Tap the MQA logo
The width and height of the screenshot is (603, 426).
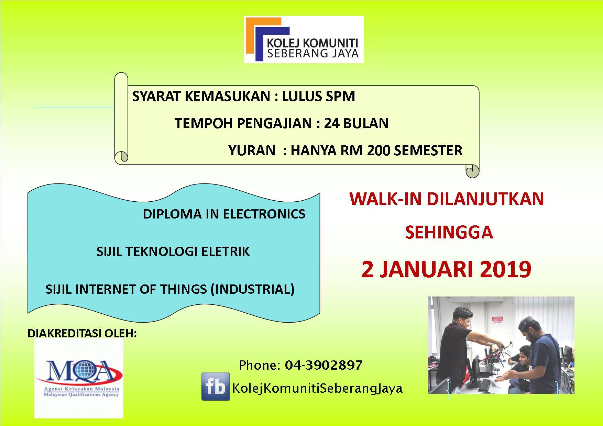pos(79,378)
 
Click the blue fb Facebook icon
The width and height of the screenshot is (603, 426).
pos(216,386)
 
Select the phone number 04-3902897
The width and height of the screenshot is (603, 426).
pos(324,365)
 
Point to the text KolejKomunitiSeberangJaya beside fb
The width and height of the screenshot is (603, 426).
pos(317,388)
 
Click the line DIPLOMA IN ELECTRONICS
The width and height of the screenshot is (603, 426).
pos(224,214)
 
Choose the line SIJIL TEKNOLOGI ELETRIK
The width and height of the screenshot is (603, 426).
pos(173,251)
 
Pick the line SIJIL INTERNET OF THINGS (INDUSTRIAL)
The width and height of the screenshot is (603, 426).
pos(170,289)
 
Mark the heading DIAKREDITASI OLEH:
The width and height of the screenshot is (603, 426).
pos(82,333)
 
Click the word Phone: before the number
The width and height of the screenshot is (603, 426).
pos(260,365)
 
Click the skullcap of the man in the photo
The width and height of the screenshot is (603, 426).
pos(529,322)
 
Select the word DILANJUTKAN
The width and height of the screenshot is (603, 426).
pos(485,199)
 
